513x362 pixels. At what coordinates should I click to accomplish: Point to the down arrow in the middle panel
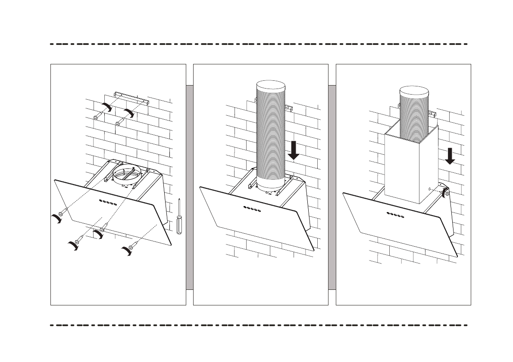point(294,150)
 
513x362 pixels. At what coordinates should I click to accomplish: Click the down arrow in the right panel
point(450,156)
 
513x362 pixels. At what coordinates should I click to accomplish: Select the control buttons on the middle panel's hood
point(252,208)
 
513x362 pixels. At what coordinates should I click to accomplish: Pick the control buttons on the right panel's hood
point(396,215)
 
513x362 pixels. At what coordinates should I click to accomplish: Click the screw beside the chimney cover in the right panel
point(447,193)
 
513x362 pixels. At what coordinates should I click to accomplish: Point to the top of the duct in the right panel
point(414,92)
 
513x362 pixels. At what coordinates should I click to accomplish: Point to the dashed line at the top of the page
point(259,44)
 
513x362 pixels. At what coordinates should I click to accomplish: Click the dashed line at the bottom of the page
point(259,325)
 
